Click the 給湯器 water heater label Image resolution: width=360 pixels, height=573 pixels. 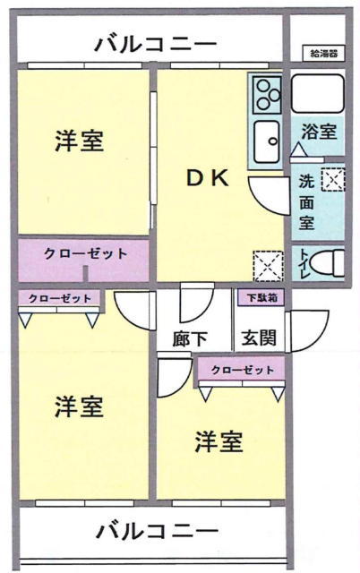pos(323,54)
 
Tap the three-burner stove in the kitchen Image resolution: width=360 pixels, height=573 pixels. pos(269,95)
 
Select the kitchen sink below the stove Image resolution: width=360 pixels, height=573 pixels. pos(268,141)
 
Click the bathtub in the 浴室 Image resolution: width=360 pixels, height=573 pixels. pos(318,93)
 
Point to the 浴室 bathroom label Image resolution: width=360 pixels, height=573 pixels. pos(319,132)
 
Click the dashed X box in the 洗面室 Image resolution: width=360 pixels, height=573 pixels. pos(332,179)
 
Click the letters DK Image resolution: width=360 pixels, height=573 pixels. pos(208,178)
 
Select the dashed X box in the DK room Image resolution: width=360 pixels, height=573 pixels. pos(269,266)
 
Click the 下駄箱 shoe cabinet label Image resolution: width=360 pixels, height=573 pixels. pos(261,298)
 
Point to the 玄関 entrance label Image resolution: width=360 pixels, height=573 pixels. pos(259,338)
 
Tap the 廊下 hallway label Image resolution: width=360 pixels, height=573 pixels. pos(190,338)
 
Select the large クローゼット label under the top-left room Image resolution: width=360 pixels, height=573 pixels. pos(86,253)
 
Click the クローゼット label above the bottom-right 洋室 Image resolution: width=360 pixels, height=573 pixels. pos(243,370)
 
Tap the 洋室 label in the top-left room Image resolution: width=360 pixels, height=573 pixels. pos(80,141)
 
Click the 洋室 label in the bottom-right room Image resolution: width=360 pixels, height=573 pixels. pos(219,441)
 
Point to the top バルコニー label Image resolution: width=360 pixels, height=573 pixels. pos(156,45)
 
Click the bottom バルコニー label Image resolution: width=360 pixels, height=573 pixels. pos(157,531)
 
